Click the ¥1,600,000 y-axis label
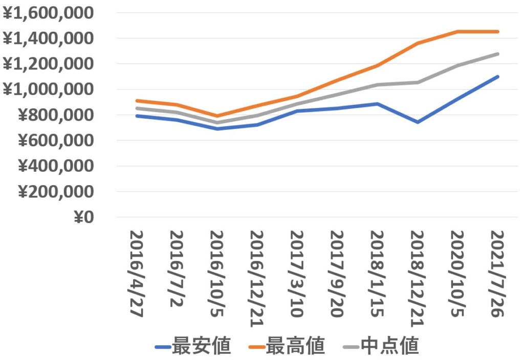pos(49,13)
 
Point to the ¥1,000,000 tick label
pos(49,89)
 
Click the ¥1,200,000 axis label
pos(49,64)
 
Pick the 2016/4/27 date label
pos(136,274)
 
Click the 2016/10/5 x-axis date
pos(217,274)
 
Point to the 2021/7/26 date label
pos(496,274)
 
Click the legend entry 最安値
pos(193,347)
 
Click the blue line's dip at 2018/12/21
pos(418,122)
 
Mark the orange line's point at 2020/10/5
pos(457,32)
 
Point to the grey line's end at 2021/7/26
pos(497,54)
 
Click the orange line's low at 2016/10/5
pos(217,116)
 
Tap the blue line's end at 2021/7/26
pos(497,77)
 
